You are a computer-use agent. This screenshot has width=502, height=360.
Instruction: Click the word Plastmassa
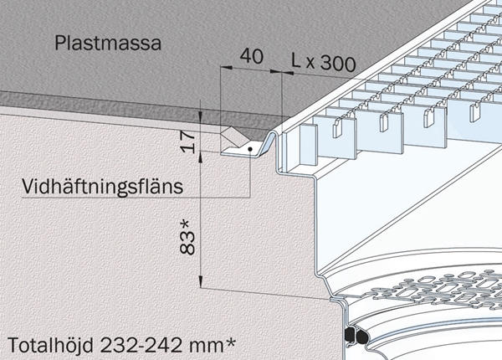(108, 44)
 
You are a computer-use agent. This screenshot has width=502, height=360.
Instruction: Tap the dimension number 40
(252, 56)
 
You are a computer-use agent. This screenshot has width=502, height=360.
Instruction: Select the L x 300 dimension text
(323, 62)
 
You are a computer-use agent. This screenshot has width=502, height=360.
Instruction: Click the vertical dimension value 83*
(187, 237)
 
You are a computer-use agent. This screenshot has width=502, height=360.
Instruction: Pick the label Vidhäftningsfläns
(102, 186)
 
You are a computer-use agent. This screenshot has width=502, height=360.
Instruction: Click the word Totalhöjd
(50, 345)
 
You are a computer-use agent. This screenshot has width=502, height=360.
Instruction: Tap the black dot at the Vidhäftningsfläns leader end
(250, 149)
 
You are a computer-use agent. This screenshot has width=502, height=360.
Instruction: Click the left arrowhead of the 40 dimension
(226, 67)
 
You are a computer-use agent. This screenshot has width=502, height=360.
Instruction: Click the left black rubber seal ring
(349, 335)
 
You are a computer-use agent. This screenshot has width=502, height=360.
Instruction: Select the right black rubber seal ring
(361, 337)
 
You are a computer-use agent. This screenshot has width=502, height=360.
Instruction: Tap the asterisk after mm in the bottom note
(229, 342)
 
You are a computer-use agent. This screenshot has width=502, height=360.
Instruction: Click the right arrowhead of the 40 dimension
(275, 71)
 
